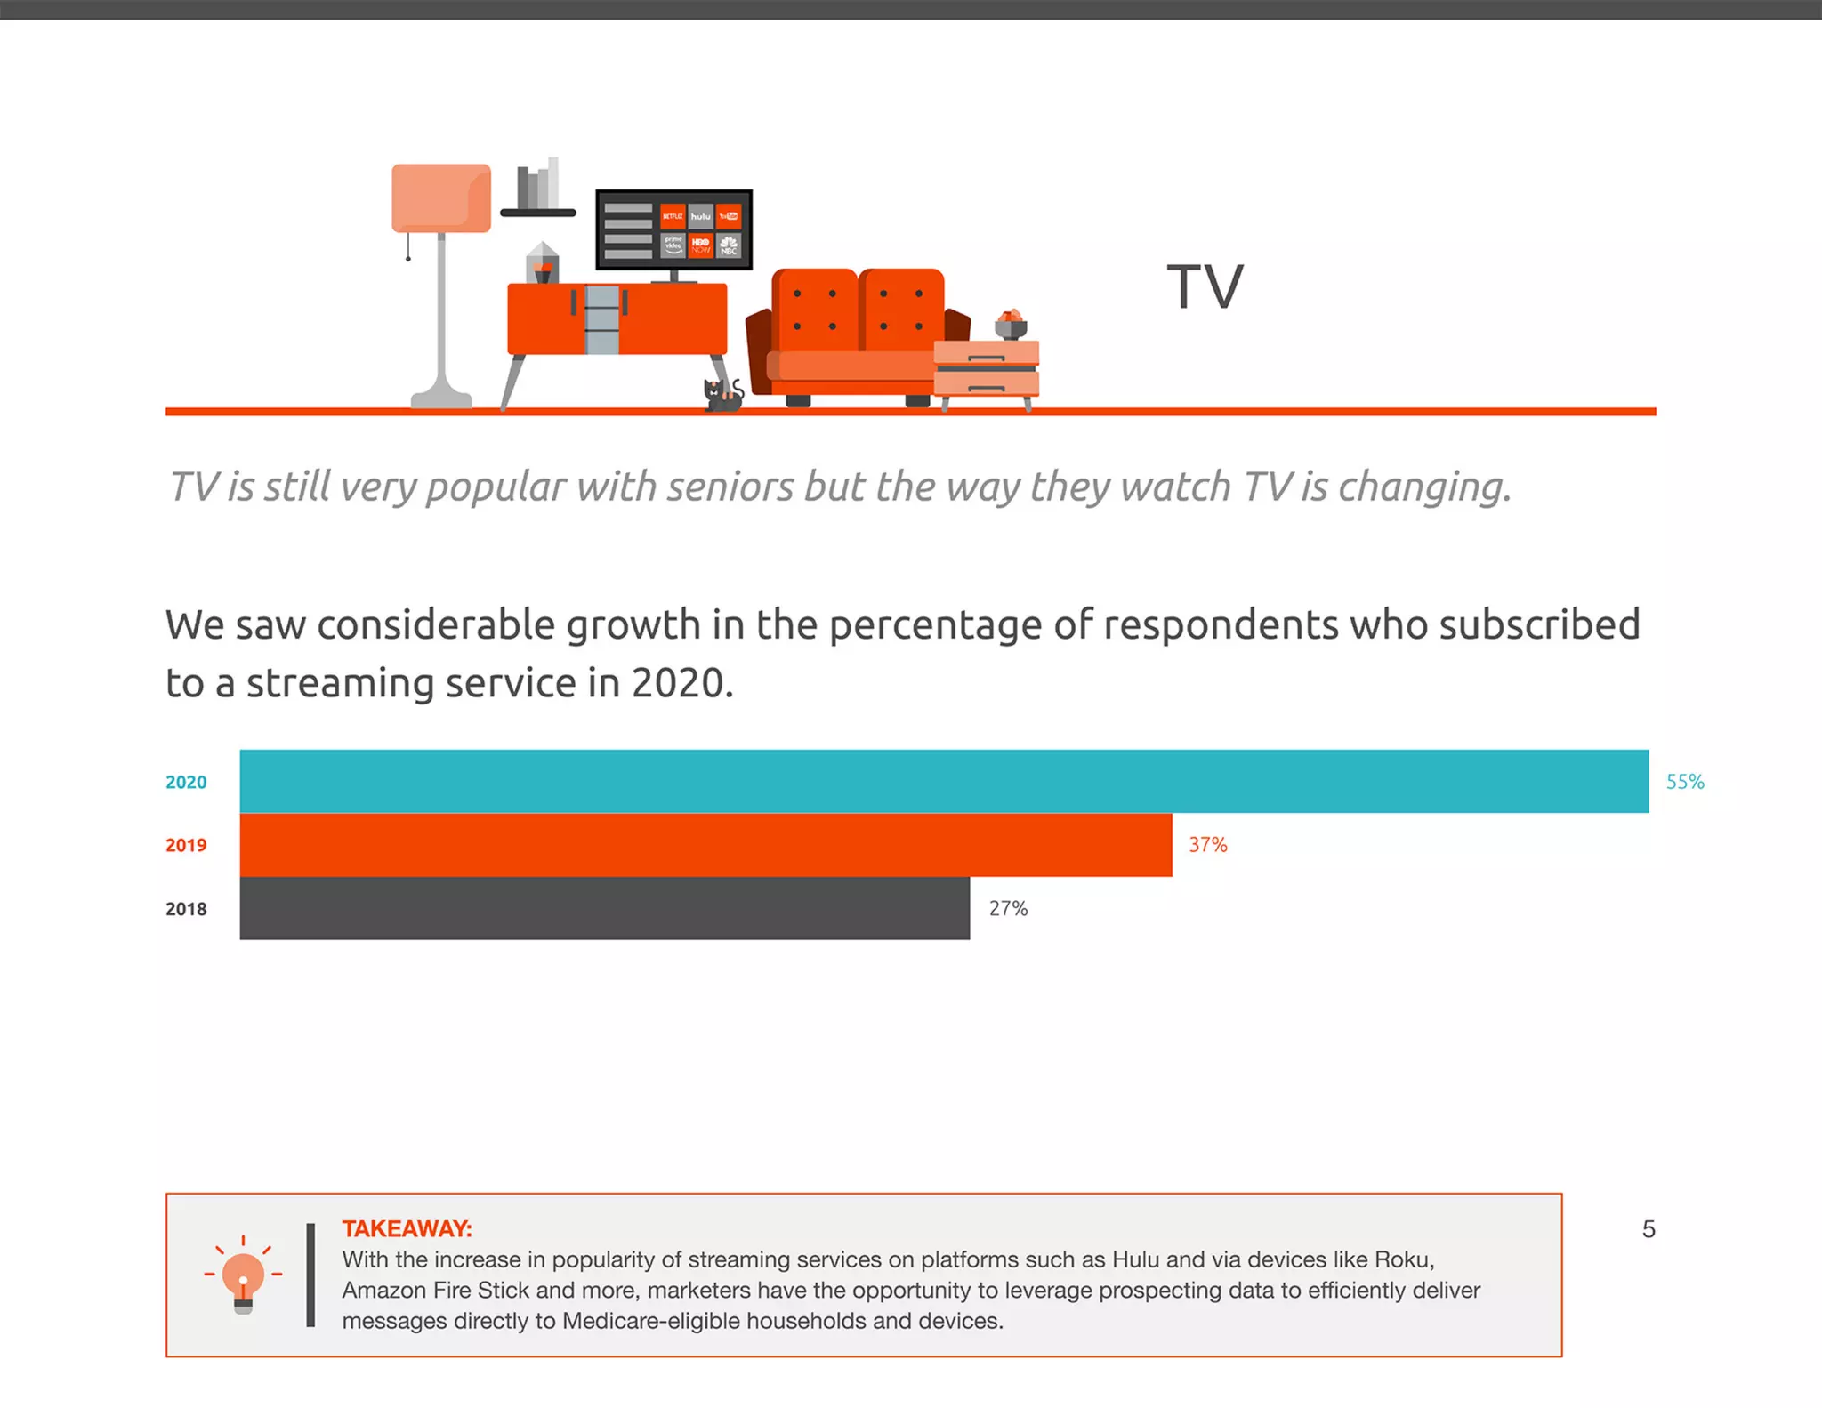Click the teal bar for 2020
(x=943, y=781)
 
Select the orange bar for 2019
(x=705, y=844)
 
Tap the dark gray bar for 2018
(x=604, y=908)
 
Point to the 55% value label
(x=1684, y=782)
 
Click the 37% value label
(x=1207, y=845)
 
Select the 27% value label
(x=1008, y=908)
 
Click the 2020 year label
(x=185, y=782)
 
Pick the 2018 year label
(x=185, y=909)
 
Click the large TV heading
(x=1205, y=287)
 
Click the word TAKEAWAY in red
(x=407, y=1228)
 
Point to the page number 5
(x=1648, y=1229)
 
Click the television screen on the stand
(x=673, y=229)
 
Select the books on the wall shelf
(x=537, y=184)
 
